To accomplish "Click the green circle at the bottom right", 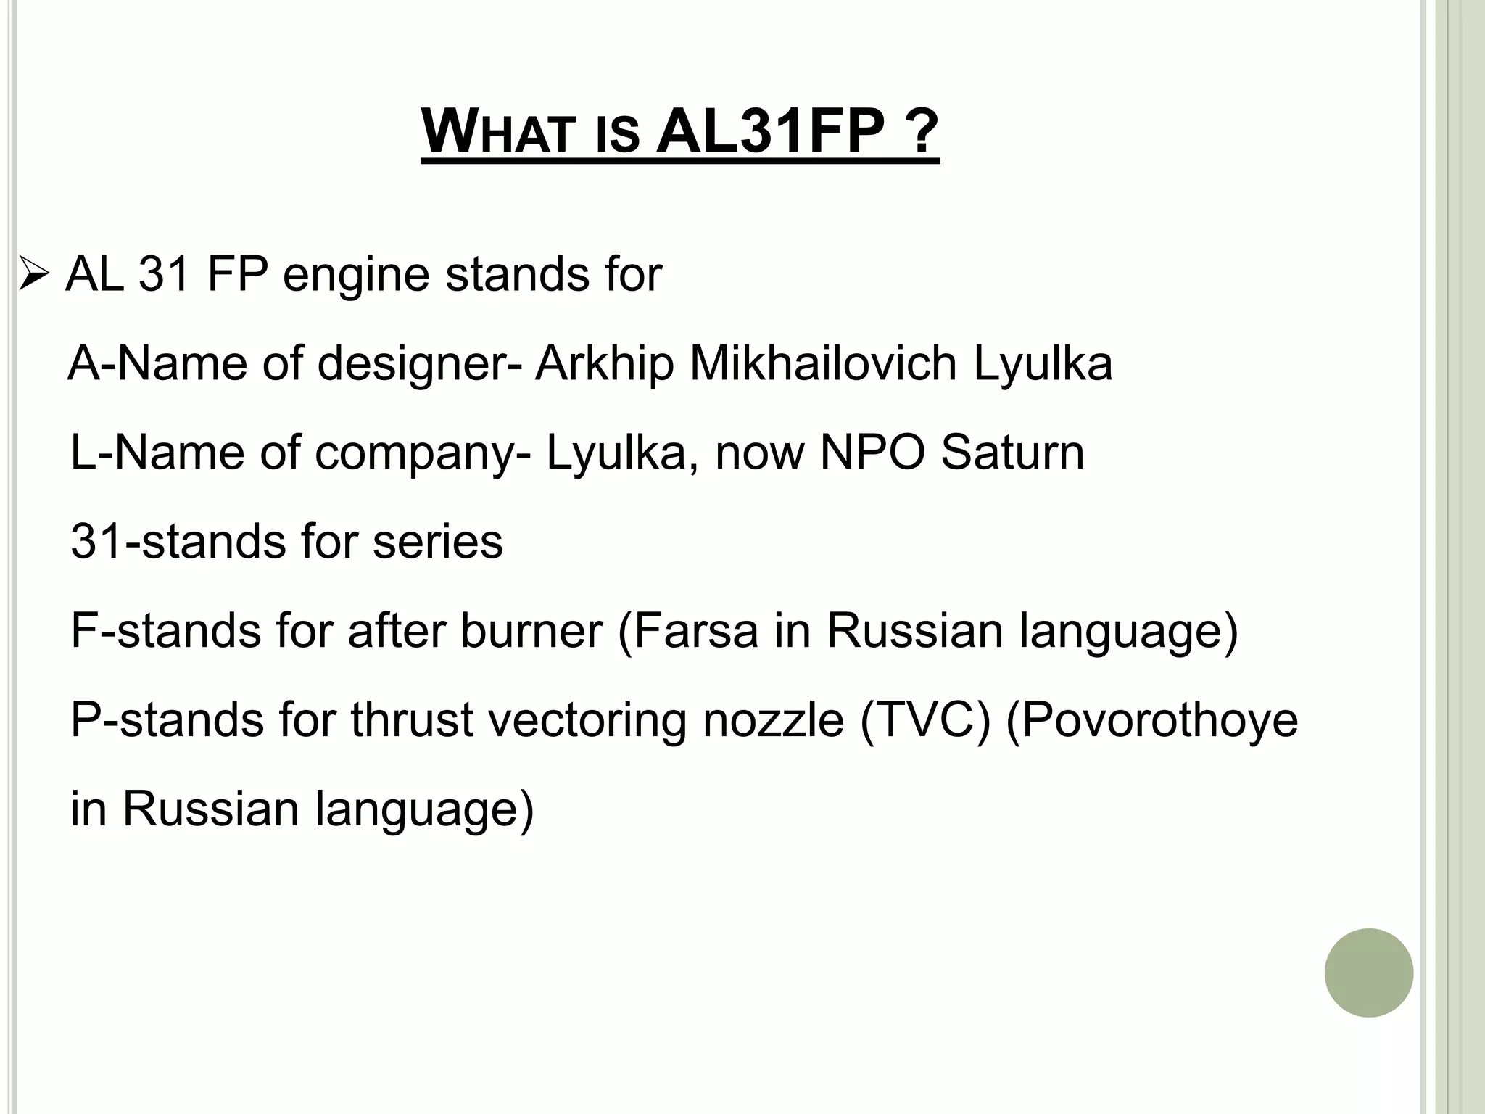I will (1368, 973).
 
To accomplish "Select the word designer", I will (413, 364).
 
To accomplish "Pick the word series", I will (437, 542).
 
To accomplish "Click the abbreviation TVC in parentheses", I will (924, 720).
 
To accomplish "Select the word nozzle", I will (773, 720).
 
